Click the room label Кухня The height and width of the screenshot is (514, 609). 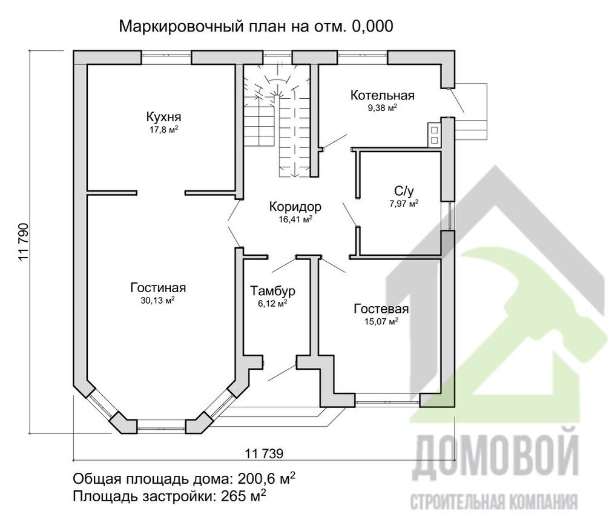[x=163, y=116]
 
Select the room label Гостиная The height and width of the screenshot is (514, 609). [x=158, y=287]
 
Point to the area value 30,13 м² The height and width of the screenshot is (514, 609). [x=157, y=300]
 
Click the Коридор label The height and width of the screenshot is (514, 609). [x=295, y=207]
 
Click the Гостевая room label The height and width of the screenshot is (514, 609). [x=381, y=309]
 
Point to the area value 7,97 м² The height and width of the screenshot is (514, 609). [x=404, y=204]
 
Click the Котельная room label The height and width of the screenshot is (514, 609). [x=382, y=95]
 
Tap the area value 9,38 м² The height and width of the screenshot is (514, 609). [x=382, y=108]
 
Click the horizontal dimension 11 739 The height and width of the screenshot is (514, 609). [x=265, y=452]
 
